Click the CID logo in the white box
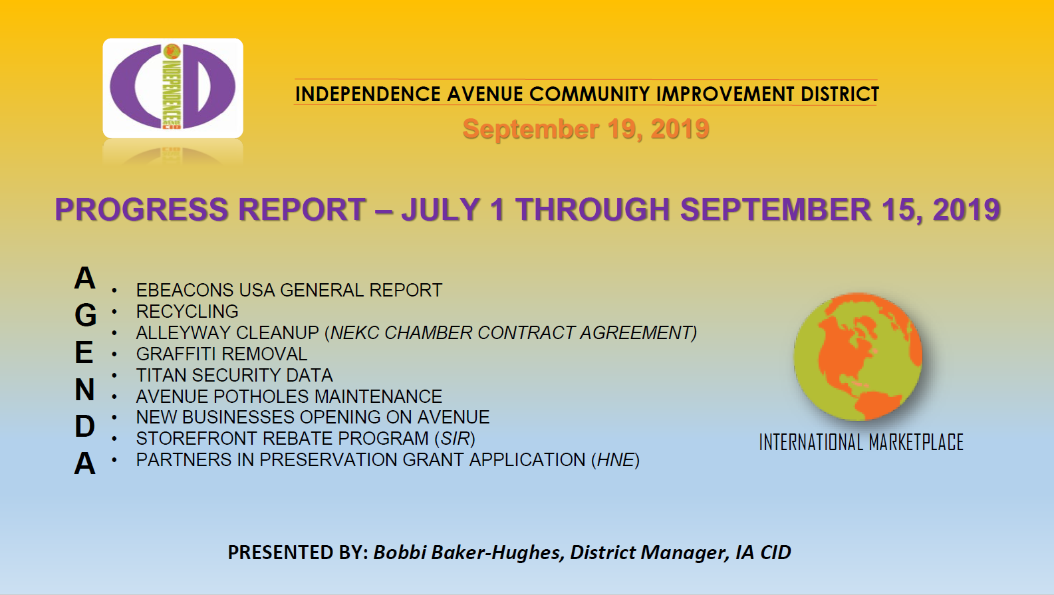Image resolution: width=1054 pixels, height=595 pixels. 173,88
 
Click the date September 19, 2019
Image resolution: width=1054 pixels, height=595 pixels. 586,129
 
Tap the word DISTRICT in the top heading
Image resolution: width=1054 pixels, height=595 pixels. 840,94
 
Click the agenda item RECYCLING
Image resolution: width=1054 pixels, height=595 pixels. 188,311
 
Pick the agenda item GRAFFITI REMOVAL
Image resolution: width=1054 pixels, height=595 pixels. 221,354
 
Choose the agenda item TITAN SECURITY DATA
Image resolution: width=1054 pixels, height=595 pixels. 234,376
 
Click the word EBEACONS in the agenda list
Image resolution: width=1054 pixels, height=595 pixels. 185,291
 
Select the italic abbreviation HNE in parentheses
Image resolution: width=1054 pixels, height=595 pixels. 616,459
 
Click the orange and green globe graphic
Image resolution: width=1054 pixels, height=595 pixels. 857,356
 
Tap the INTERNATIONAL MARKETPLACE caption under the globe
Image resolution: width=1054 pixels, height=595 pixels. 861,443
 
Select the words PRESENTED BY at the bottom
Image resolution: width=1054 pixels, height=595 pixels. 298,552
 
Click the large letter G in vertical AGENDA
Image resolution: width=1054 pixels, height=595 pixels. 85,315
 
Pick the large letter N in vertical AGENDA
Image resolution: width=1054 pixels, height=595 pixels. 84,390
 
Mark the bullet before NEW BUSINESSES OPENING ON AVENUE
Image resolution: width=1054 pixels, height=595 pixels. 114,417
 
